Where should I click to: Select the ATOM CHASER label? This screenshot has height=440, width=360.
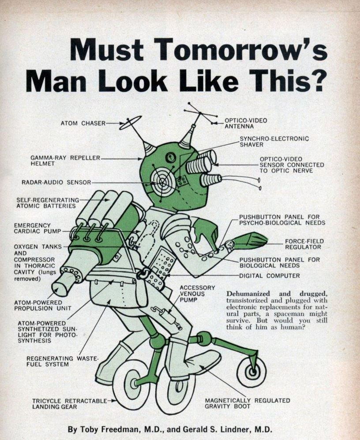click(x=83, y=123)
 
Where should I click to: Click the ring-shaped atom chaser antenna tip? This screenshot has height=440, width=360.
click(x=131, y=123)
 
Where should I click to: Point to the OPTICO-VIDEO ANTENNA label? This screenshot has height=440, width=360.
click(x=246, y=123)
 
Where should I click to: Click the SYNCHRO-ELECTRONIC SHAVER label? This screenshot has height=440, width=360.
click(x=274, y=142)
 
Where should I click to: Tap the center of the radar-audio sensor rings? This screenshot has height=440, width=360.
click(x=162, y=182)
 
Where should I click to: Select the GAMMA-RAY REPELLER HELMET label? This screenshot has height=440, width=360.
click(x=65, y=160)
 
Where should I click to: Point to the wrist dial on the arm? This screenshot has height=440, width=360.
click(x=230, y=244)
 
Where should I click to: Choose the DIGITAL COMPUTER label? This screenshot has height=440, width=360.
click(x=269, y=276)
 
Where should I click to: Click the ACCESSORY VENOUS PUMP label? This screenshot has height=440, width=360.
click(x=197, y=294)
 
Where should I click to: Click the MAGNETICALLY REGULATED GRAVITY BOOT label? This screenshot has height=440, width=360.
click(x=247, y=403)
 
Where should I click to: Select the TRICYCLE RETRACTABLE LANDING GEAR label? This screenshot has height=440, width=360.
click(x=70, y=404)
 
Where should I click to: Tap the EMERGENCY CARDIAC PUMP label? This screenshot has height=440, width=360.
click(x=37, y=228)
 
